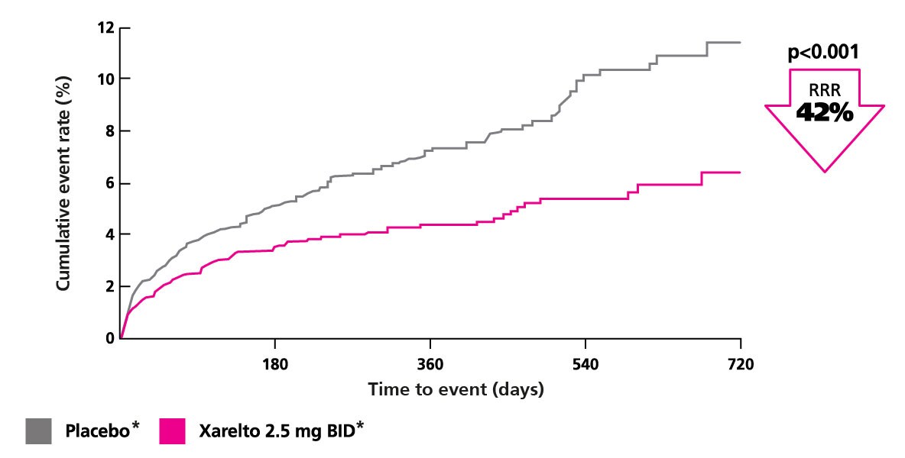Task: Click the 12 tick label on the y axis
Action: (105, 28)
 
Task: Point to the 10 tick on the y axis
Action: (105, 79)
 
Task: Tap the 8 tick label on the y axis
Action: (109, 131)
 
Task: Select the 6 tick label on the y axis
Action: (109, 182)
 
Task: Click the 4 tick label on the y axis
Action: (109, 234)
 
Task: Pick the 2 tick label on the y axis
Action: (109, 286)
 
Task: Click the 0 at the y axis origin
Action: (109, 338)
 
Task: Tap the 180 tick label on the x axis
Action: (274, 364)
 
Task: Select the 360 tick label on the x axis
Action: (430, 364)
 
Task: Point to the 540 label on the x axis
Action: (585, 364)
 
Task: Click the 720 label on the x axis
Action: (741, 364)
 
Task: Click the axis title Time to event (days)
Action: (456, 389)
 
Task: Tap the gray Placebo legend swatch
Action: (39, 431)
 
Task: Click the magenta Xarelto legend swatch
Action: (173, 431)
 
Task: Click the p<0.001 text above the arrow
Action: (823, 53)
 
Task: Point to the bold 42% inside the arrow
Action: (824, 113)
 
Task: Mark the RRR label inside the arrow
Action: (824, 89)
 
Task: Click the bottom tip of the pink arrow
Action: (825, 170)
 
